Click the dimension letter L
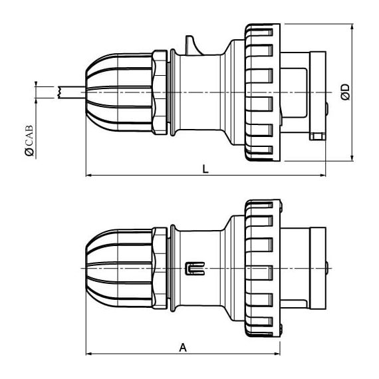point(205,169)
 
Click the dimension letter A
point(184,348)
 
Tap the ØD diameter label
point(346,92)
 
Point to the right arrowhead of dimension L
point(322,176)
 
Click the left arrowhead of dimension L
point(89,176)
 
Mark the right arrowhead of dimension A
point(277,354)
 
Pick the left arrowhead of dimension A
point(89,354)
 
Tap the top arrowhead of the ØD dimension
point(352,27)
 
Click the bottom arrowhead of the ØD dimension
point(352,158)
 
